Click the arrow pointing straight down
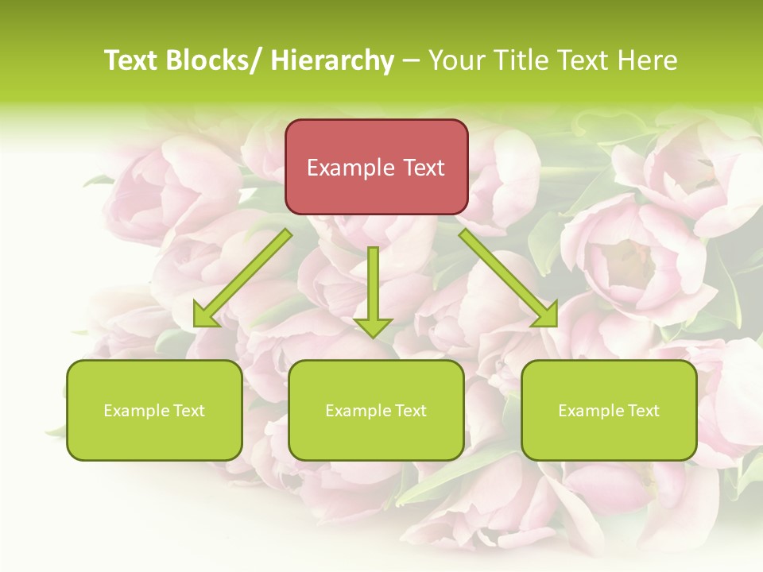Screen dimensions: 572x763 point(373,290)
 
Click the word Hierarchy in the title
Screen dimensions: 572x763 point(332,60)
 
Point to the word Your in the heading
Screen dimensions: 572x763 point(455,60)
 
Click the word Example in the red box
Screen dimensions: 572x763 point(350,168)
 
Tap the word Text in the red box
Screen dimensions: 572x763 point(422,168)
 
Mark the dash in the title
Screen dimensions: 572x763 point(411,60)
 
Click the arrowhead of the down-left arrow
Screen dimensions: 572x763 point(205,316)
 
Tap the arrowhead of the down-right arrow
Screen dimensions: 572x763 point(546,316)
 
